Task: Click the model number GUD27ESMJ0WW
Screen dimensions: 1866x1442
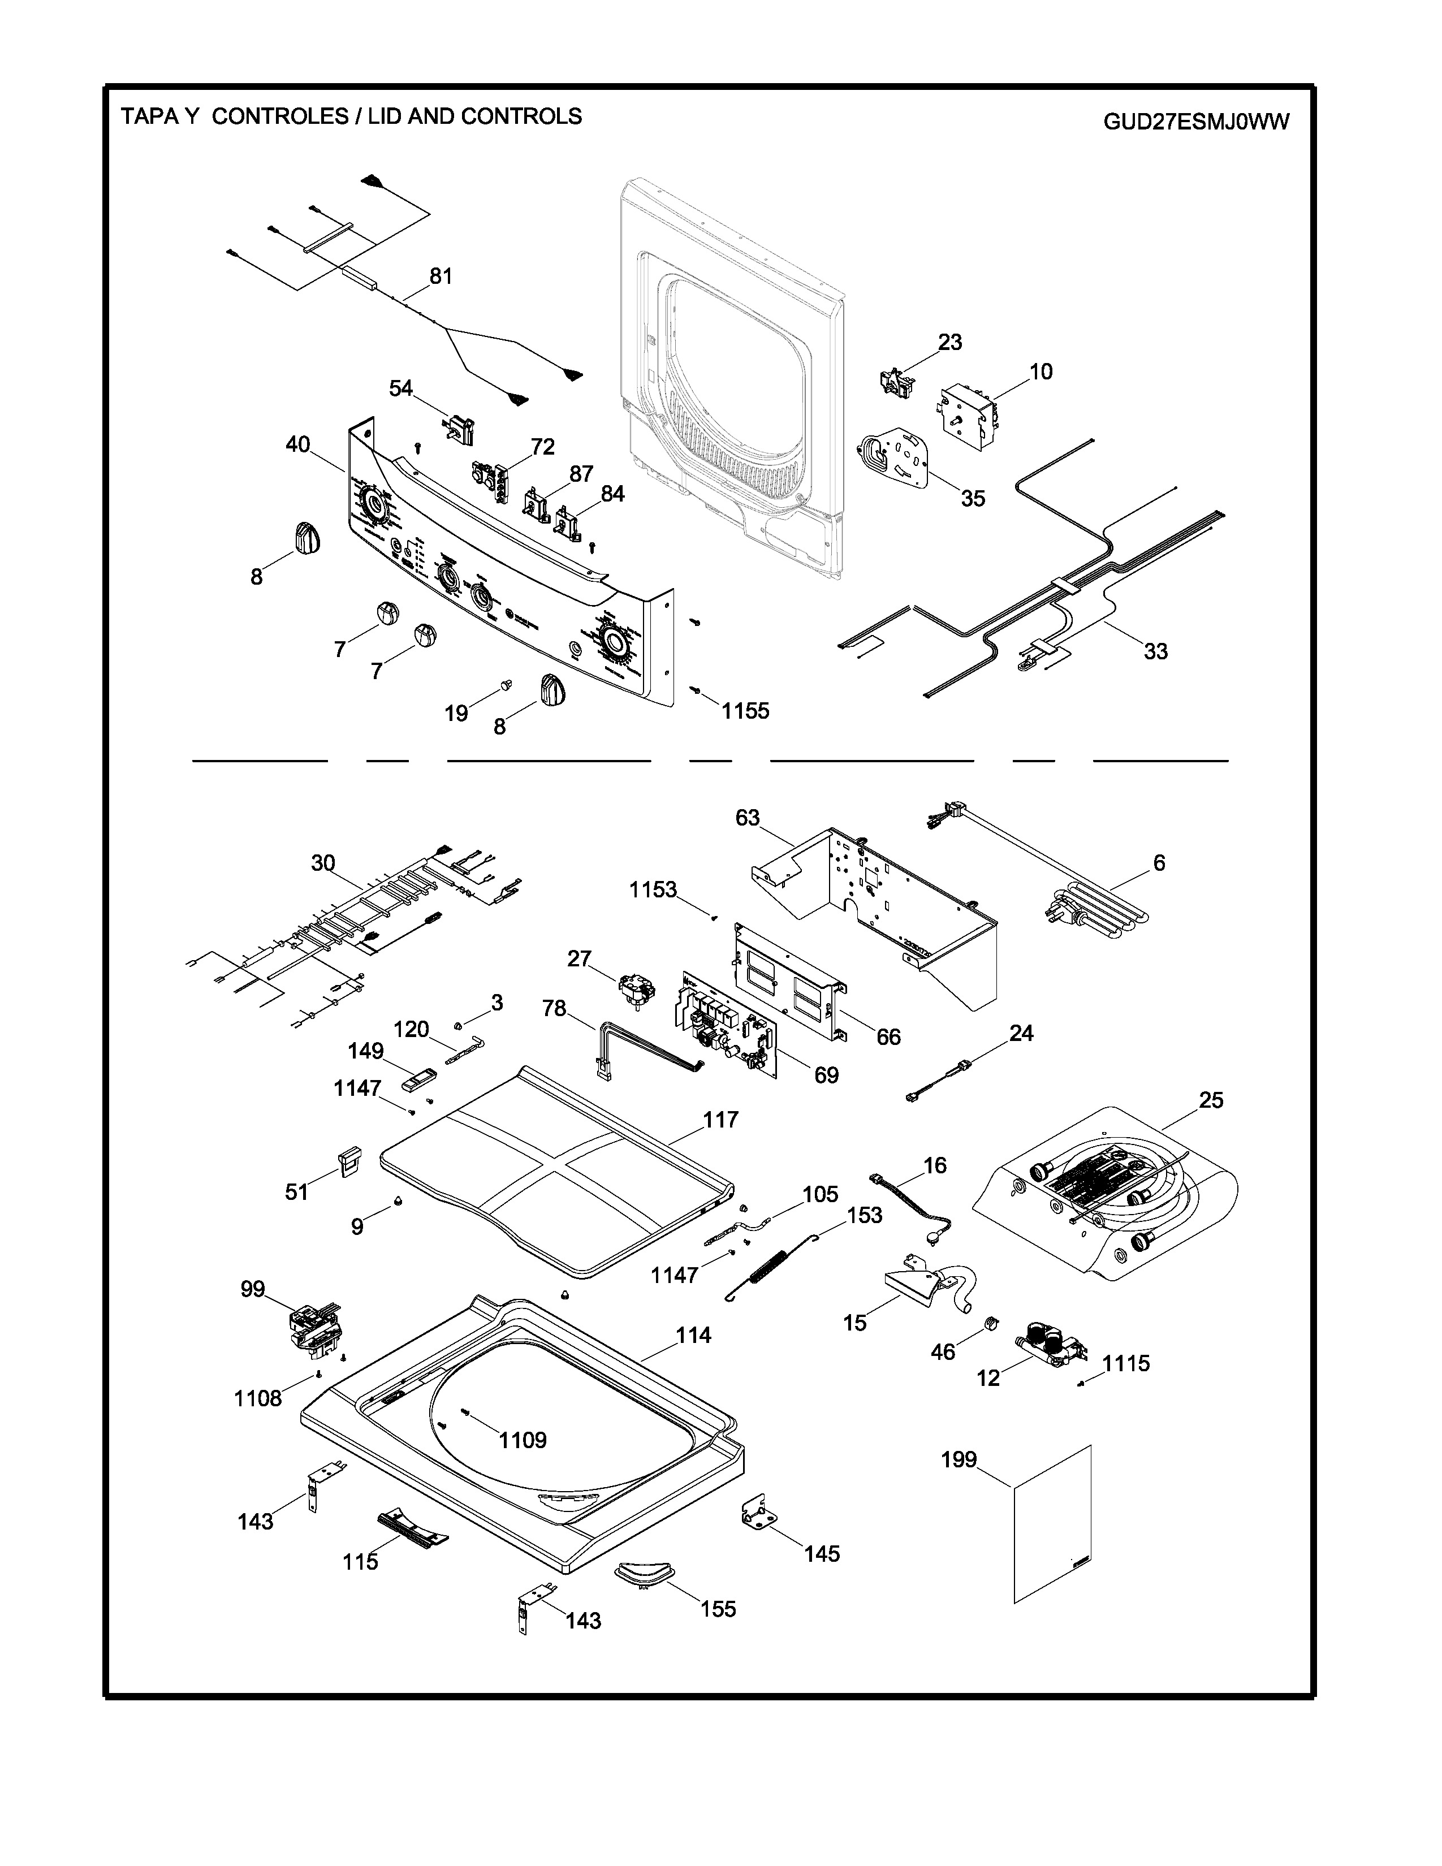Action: tap(1196, 122)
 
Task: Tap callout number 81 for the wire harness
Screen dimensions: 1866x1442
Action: tap(441, 276)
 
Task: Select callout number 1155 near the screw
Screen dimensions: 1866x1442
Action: tap(745, 710)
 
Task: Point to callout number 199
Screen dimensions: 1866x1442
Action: tap(959, 1459)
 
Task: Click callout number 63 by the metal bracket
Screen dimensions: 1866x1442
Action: tap(748, 818)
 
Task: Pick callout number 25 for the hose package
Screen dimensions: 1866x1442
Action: tap(1211, 1100)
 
